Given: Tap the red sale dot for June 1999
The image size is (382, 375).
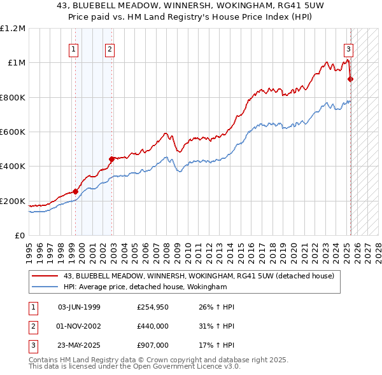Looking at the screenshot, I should point(76,191).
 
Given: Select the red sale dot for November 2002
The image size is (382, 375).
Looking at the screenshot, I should point(111,159).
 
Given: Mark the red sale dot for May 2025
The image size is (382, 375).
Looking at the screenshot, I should point(351,79).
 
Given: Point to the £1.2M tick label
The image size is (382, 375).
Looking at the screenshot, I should point(13,29).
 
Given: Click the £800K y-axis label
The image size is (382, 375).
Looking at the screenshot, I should point(13,98).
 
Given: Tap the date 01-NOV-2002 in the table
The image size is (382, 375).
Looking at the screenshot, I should point(79,326).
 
